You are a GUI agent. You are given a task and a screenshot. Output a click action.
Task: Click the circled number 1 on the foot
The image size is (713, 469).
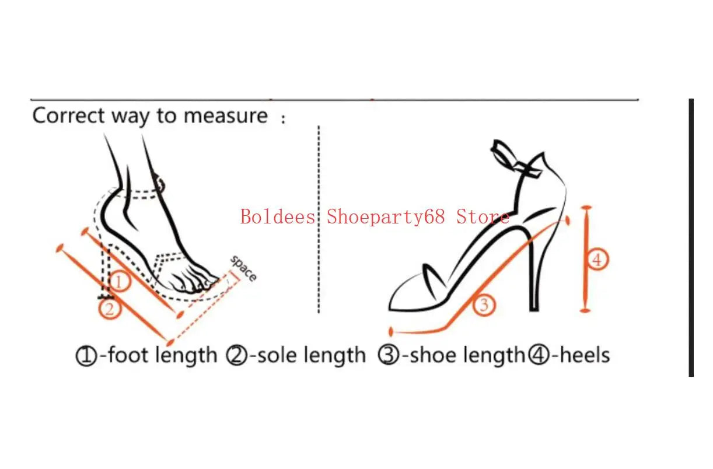click(118, 282)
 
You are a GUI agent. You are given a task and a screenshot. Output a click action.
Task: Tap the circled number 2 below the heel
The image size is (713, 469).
click(109, 308)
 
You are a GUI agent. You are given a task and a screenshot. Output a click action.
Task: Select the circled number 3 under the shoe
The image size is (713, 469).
click(484, 304)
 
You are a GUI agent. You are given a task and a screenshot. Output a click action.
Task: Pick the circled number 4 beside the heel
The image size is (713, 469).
click(597, 259)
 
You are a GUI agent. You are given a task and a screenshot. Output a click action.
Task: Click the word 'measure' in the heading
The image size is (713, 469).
click(225, 116)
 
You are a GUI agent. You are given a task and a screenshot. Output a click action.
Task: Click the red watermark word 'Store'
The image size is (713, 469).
click(483, 217)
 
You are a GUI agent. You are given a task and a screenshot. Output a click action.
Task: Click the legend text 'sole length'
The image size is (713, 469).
click(310, 355)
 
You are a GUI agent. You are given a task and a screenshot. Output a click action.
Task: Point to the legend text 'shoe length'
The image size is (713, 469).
click(467, 355)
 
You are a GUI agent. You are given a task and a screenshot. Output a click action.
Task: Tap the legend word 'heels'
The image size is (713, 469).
click(584, 355)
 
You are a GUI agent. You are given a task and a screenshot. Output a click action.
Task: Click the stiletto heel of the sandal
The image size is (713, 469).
click(533, 280)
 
